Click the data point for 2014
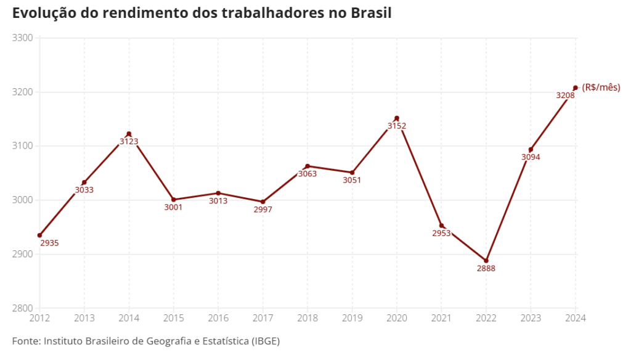129,134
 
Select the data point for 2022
486,261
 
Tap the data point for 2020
397,118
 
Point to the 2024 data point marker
576,88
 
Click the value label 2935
49,243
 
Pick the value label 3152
397,126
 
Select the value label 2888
486,269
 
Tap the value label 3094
531,157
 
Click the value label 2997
263,210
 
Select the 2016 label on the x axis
218,318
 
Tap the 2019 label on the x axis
352,318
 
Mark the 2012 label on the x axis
39,318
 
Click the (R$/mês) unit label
601,88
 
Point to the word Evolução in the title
42,13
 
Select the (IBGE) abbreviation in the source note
269,341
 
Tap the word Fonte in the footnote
26,341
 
